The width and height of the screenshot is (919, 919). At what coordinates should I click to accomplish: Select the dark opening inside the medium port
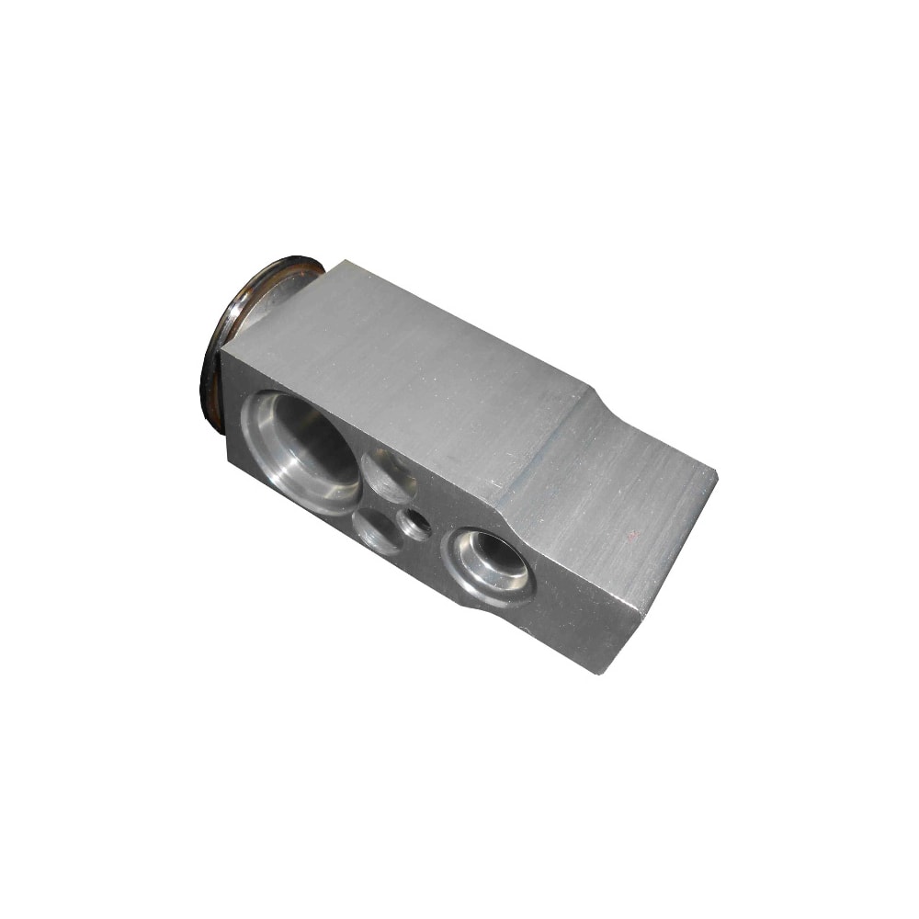[x=496, y=552]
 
